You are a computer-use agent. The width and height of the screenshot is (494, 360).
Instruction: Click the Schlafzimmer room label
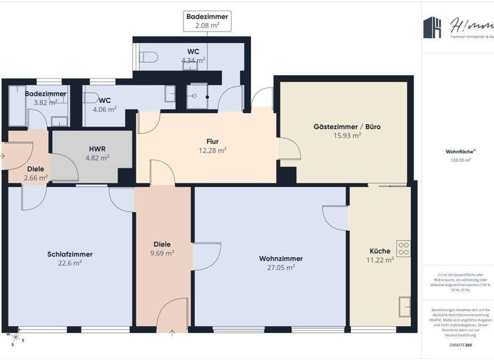pos(69,254)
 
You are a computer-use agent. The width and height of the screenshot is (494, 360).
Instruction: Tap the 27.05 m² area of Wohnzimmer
pos(280,267)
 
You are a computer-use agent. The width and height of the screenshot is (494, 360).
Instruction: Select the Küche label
pos(380,251)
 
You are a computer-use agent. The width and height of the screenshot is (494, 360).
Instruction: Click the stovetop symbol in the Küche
pos(403,248)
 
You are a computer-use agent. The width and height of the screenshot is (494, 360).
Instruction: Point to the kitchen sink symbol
pos(403,307)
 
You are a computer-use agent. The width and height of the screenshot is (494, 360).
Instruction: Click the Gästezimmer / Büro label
pos(347,127)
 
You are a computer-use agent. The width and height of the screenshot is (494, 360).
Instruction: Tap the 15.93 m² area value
pos(347,136)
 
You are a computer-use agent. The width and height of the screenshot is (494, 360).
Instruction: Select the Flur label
pos(213,141)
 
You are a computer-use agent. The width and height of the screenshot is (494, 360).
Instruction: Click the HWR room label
pos(97,148)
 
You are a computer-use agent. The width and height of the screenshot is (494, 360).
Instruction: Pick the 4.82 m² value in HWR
pos(98,157)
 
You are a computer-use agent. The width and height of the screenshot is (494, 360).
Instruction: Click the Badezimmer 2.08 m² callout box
pos(206,21)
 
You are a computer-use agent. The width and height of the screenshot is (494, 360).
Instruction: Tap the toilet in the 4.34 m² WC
pos(149,57)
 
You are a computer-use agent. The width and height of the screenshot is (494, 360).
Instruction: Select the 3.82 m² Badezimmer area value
pos(45,102)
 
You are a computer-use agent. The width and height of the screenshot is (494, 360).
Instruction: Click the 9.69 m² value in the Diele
pos(161,253)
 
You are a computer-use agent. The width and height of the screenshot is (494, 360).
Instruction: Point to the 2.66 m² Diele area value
pos(35,177)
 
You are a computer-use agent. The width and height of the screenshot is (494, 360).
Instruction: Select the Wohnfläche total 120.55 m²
pos(458,161)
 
